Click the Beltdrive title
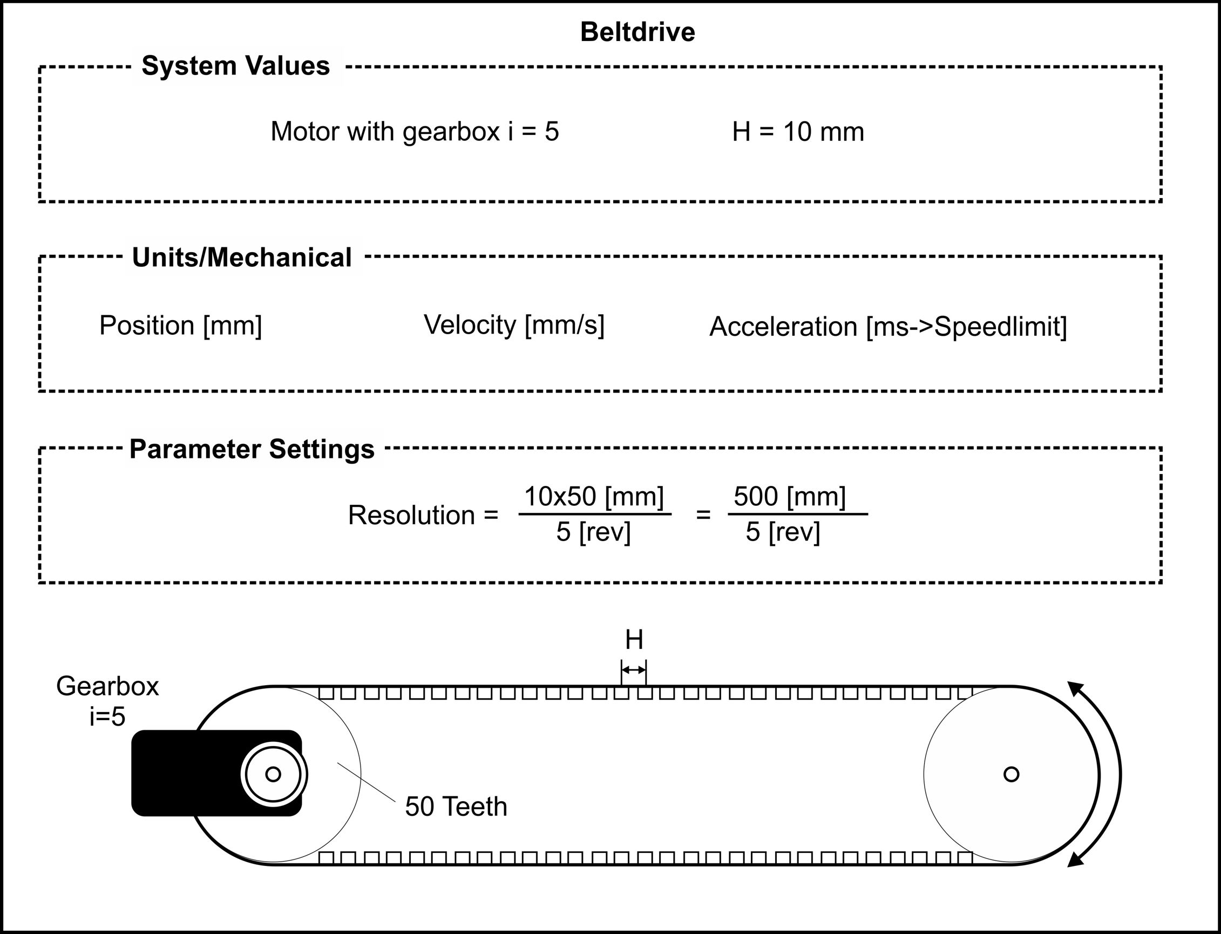(637, 32)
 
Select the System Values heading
(236, 66)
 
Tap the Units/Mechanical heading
(242, 258)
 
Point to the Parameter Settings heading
(252, 449)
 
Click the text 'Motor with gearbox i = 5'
(415, 132)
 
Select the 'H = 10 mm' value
(798, 132)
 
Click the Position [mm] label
(181, 325)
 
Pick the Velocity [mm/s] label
(514, 324)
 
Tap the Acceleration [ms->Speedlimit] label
(888, 326)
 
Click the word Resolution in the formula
(412, 515)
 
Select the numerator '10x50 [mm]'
(594, 496)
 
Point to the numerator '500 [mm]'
(790, 496)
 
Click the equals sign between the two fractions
(703, 515)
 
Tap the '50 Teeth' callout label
(456, 807)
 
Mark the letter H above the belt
(634, 640)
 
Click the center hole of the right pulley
(1011, 774)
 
